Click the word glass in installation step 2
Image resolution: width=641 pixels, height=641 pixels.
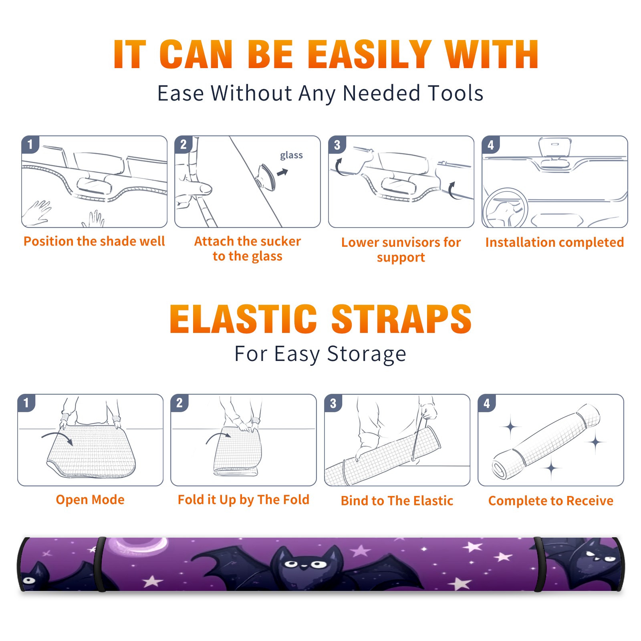(291, 155)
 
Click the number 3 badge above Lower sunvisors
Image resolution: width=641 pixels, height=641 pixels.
(337, 145)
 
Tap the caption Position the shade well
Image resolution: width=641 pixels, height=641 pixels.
(94, 241)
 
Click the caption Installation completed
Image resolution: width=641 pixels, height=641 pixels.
(554, 242)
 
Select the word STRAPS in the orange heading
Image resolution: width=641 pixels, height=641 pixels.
(401, 319)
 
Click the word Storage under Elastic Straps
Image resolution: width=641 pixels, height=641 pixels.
(367, 354)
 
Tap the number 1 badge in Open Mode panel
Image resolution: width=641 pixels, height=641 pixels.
(26, 403)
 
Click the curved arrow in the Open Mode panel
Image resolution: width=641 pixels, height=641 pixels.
(57, 438)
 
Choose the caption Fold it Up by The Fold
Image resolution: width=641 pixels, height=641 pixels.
(244, 500)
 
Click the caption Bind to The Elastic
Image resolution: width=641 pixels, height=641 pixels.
(397, 501)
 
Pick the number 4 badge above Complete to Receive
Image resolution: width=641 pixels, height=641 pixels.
(487, 403)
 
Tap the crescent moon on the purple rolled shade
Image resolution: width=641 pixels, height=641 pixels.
(138, 546)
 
